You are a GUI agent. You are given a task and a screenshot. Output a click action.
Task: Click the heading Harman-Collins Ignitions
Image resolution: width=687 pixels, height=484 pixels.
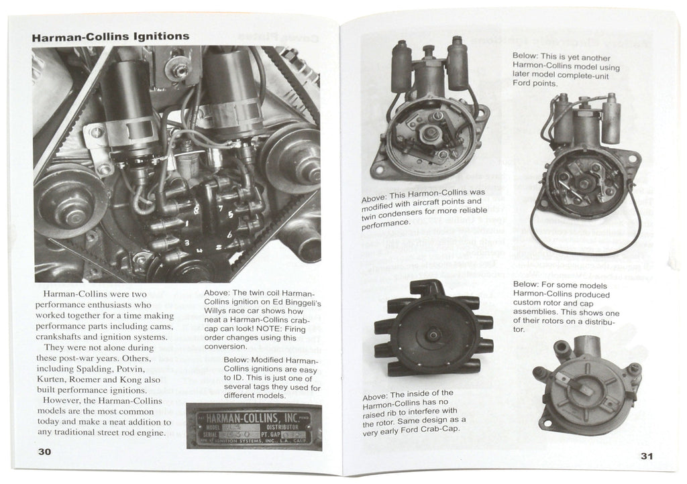(x=111, y=36)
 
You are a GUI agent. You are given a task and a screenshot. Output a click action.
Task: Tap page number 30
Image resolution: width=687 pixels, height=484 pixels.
(x=45, y=451)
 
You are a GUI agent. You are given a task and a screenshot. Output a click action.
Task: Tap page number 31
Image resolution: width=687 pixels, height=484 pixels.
(x=645, y=457)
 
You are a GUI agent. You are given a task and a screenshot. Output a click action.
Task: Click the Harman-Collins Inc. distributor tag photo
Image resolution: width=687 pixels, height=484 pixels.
(x=253, y=427)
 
